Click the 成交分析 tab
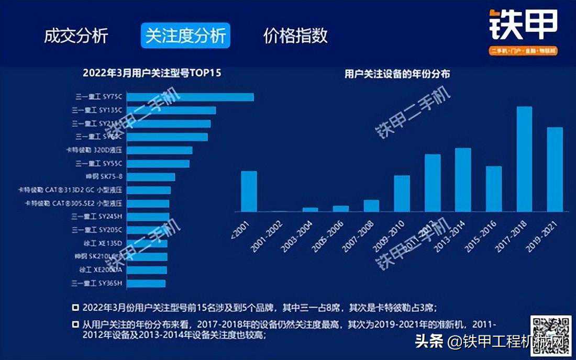click(76, 36)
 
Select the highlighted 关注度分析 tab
click(185, 36)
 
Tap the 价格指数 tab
click(295, 36)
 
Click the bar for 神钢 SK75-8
click(151, 177)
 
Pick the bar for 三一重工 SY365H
click(146, 284)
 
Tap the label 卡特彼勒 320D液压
click(94, 150)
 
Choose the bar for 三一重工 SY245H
click(148, 217)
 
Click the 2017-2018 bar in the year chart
click(524, 159)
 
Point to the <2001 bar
click(249, 191)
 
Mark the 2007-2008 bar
click(371, 206)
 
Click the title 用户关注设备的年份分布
click(397, 74)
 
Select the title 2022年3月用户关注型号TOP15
click(152, 73)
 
